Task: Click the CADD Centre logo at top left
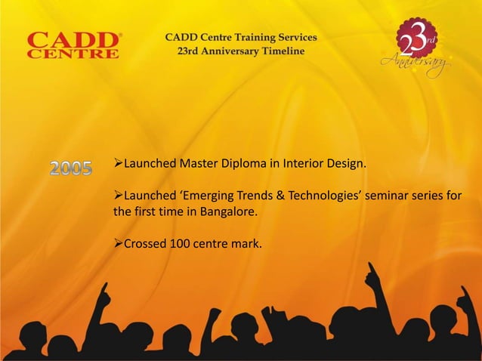[x=73, y=45]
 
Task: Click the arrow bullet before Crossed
[x=118, y=244]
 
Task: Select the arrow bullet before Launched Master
[x=118, y=165]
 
